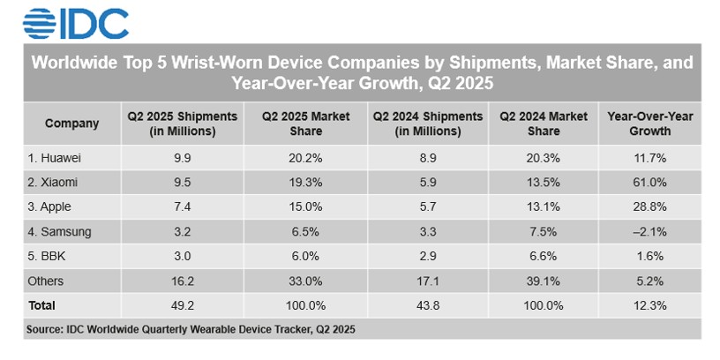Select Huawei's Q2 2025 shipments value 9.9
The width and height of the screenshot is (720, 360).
click(183, 158)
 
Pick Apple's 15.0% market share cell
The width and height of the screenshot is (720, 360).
click(305, 207)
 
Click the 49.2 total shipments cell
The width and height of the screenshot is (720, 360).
click(183, 305)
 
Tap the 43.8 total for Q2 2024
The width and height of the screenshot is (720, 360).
click(428, 305)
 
